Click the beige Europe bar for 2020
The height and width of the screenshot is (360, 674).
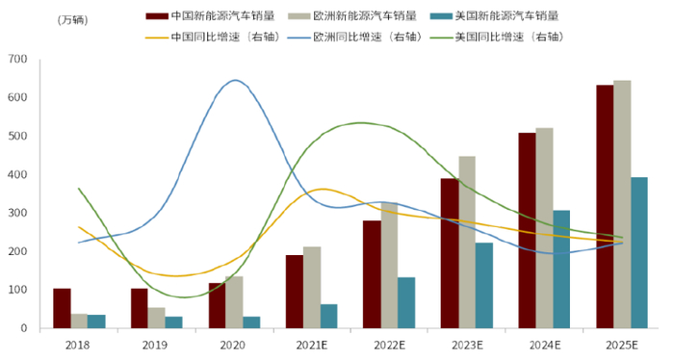coord(234,302)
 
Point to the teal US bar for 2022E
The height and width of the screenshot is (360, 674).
coord(406,303)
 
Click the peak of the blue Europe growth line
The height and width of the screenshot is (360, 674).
coord(235,80)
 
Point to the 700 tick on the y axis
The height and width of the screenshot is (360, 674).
coord(16,60)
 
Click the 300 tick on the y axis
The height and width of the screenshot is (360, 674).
coord(16,213)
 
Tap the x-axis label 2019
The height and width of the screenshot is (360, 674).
coord(156,345)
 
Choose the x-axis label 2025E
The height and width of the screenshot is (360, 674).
coord(622,345)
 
